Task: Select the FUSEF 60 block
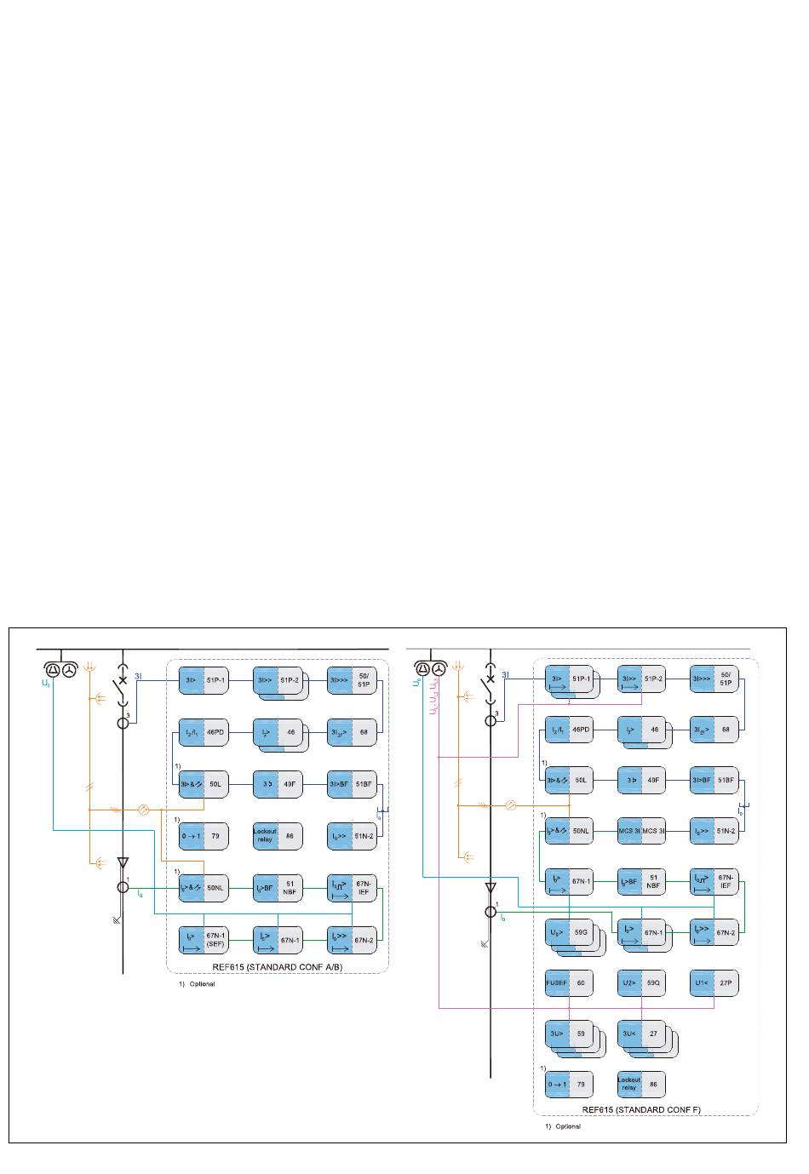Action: click(x=569, y=982)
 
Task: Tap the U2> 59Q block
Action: click(x=641, y=982)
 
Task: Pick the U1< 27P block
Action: click(x=714, y=982)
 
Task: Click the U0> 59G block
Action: click(x=569, y=933)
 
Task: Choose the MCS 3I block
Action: click(x=641, y=831)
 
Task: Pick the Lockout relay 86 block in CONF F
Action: click(x=641, y=1085)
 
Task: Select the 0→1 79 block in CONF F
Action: click(x=569, y=1085)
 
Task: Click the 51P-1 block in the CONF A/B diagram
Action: click(x=204, y=681)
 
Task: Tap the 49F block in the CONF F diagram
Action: click(x=641, y=780)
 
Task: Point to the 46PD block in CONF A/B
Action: click(x=204, y=732)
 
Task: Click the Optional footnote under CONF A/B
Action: click(x=197, y=984)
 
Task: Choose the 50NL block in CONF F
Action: click(x=569, y=831)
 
